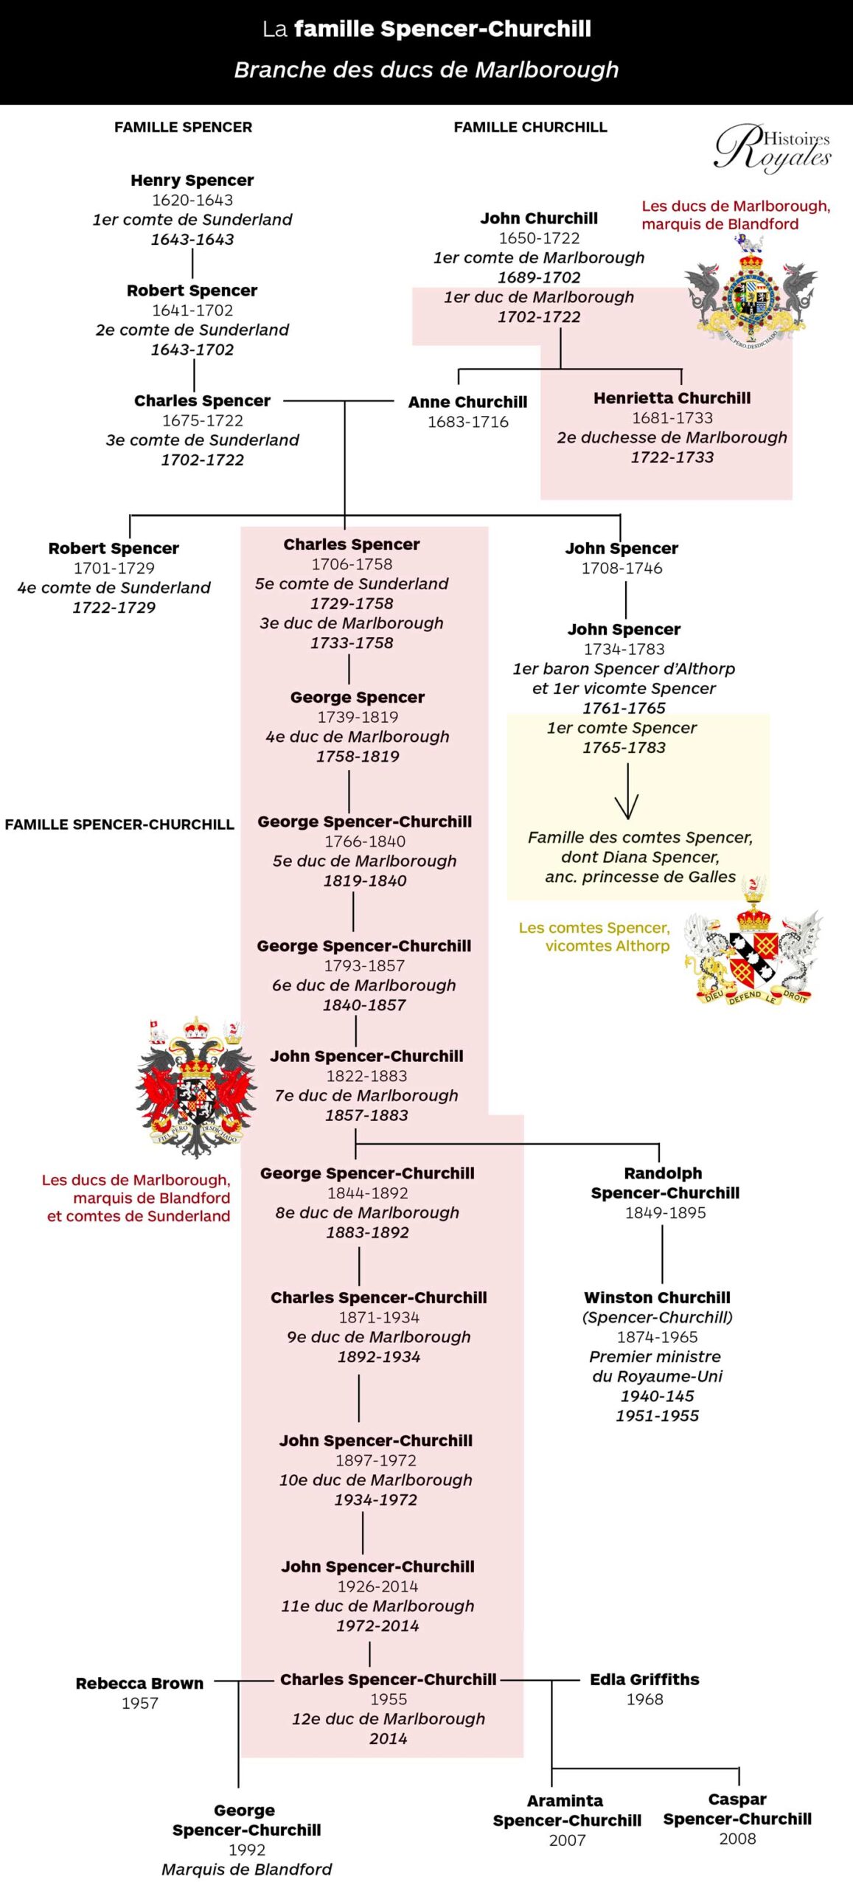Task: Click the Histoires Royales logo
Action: pos(772,148)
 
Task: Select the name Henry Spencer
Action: pos(192,180)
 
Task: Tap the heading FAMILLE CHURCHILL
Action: pos(530,127)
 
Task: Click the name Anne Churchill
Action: pos(467,402)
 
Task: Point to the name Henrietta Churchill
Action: pos(672,398)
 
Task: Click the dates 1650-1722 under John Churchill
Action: pos(539,238)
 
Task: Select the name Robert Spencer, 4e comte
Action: pos(114,548)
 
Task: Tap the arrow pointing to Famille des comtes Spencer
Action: pos(627,793)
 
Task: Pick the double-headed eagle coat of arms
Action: pos(196,1084)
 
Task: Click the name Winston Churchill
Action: pos(657,1297)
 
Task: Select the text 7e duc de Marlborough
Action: pos(366,1095)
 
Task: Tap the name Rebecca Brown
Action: pos(139,1683)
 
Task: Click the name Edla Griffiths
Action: pos(644,1679)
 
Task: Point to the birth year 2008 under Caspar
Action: pos(737,1839)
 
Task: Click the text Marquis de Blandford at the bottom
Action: pos(246,1869)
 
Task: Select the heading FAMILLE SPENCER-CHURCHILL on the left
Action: pos(119,825)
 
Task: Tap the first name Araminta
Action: pos(565,1800)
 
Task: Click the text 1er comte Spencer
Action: pos(622,728)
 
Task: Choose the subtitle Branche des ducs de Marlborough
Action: pos(426,70)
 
